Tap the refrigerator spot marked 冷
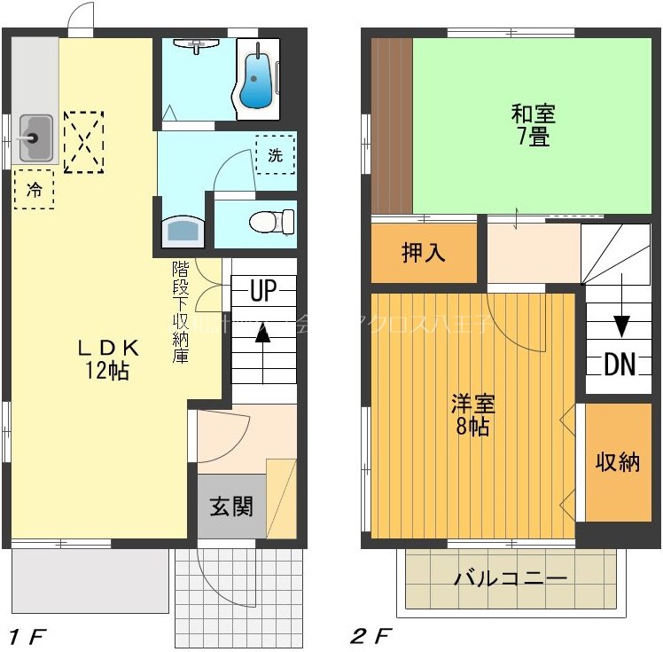[34, 188]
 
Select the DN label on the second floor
[620, 364]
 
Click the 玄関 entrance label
[231, 507]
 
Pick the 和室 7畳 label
[533, 125]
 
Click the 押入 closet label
[424, 253]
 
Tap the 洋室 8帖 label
[472, 414]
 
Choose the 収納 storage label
[617, 461]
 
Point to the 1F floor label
[27, 635]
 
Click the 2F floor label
[370, 635]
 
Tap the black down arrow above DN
[621, 324]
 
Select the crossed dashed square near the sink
[84, 142]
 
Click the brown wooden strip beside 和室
[391, 124]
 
